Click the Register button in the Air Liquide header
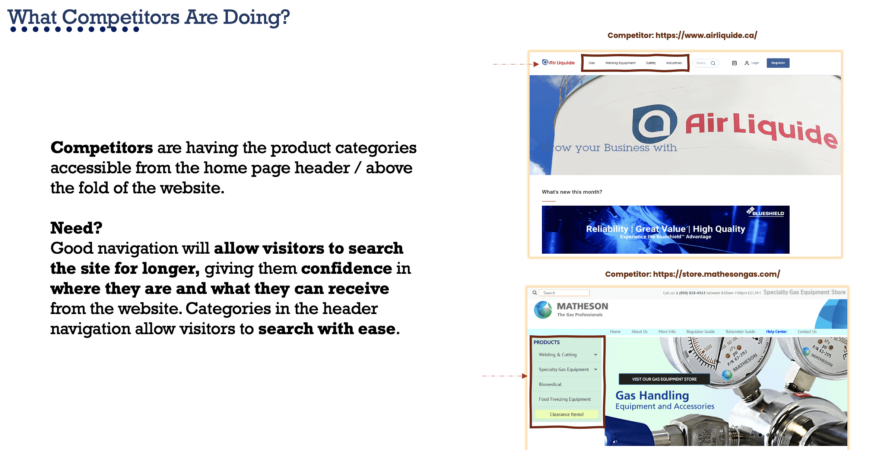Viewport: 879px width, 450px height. (x=778, y=63)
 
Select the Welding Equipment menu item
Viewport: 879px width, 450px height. (x=620, y=63)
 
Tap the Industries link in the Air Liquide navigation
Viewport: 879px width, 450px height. (x=674, y=63)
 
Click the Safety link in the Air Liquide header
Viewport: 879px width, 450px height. (x=651, y=63)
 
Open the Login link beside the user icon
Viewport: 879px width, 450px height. (x=755, y=63)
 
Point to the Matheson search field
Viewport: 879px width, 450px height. (x=564, y=293)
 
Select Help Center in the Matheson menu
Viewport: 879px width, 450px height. (x=776, y=332)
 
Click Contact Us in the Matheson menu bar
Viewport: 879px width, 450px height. (x=807, y=332)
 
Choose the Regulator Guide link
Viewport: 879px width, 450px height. (x=700, y=332)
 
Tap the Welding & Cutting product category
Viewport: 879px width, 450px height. (x=558, y=355)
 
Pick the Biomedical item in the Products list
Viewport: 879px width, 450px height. (x=550, y=384)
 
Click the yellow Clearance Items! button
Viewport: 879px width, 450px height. (x=567, y=414)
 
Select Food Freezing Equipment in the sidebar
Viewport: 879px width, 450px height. (x=565, y=399)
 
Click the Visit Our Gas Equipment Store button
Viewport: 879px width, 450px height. (x=664, y=379)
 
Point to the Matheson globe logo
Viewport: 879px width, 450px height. (x=543, y=310)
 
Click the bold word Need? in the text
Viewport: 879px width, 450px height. (x=76, y=228)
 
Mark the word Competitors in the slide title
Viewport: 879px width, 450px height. (x=121, y=17)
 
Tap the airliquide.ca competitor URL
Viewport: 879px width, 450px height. (x=706, y=35)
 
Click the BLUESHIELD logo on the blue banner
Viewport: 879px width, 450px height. (x=765, y=212)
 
